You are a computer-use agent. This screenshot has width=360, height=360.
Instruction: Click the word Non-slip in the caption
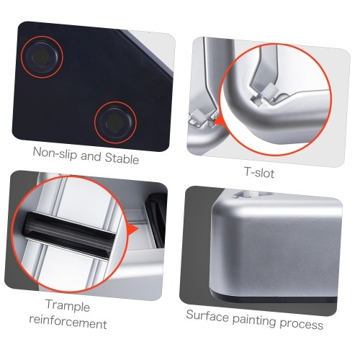point(55,153)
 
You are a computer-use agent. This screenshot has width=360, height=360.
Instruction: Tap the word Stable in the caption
point(122,158)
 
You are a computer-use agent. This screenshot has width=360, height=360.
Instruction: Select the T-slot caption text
point(259,172)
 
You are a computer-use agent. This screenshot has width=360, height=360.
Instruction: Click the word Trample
point(68,305)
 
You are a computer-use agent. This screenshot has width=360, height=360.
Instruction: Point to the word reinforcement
point(68,323)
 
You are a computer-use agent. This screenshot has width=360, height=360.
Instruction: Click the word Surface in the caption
point(207,315)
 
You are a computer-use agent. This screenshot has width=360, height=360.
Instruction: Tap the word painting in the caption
point(254,320)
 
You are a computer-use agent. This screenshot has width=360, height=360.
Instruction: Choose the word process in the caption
point(301,324)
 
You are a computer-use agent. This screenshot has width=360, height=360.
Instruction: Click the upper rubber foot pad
point(42,57)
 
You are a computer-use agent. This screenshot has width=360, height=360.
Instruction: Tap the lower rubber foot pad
point(115,122)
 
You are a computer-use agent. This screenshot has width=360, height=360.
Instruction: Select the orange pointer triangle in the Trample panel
point(132,229)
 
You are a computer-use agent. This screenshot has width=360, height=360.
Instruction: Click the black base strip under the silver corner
point(274,298)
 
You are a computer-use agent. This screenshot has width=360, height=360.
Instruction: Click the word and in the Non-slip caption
point(91,156)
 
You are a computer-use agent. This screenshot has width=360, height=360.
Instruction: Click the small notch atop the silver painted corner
point(243,194)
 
